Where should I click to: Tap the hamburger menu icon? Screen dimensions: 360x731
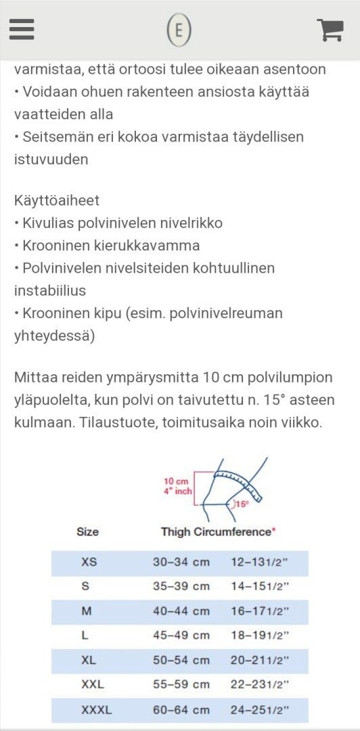tap(22, 29)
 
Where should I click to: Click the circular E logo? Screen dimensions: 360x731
tap(180, 30)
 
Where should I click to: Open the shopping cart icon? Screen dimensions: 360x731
tap(330, 29)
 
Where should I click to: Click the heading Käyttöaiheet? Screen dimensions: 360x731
tap(57, 200)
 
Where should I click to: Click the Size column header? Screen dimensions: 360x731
tap(88, 532)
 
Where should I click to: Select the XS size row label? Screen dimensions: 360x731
tap(89, 562)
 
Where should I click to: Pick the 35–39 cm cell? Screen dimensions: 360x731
tap(181, 587)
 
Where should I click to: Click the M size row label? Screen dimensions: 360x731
tap(87, 611)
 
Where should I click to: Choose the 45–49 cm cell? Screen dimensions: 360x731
tap(181, 636)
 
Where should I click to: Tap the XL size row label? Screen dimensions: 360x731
tap(89, 660)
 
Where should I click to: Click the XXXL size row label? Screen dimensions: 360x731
tap(96, 710)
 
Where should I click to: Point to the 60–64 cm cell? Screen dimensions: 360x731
tap(181, 710)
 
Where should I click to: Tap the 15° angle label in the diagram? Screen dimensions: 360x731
tap(242, 504)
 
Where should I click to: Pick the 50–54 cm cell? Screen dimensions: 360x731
tap(181, 660)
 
